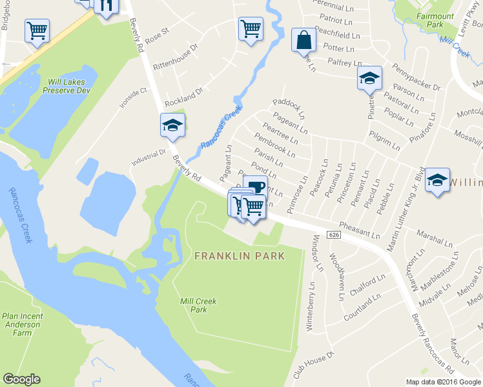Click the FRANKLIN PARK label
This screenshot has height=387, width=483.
coord(239,256)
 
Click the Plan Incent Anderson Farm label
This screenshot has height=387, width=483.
coord(23,324)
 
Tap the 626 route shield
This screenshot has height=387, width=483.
coord(333,233)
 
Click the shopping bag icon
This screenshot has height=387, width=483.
coord(303,40)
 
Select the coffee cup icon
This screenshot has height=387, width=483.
coord(255,187)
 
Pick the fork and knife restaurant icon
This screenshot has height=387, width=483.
coord(106,5)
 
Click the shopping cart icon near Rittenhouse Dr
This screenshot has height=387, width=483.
coord(250,28)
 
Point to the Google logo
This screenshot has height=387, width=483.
coord(21,379)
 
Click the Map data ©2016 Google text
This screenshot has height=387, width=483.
coord(443,382)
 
